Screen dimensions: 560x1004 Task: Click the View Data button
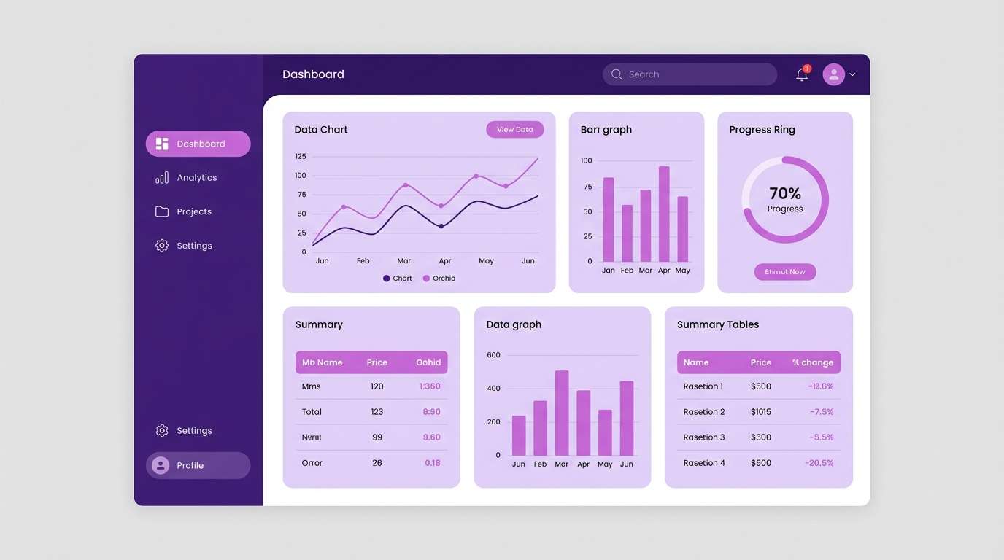pyautogui.click(x=514, y=129)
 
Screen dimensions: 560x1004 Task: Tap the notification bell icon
pyautogui.click(x=802, y=74)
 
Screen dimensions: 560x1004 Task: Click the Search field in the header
pyautogui.click(x=690, y=74)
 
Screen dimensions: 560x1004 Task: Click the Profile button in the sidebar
pyautogui.click(x=198, y=465)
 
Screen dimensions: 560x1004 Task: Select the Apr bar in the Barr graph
pyautogui.click(x=664, y=214)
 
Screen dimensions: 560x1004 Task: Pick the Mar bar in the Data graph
pyautogui.click(x=562, y=413)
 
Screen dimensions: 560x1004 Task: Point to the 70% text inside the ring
pyautogui.click(x=785, y=193)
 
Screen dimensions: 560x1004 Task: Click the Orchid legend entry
pyautogui.click(x=439, y=279)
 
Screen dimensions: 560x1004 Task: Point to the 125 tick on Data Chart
pyautogui.click(x=301, y=156)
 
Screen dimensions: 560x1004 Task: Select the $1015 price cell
pyautogui.click(x=760, y=412)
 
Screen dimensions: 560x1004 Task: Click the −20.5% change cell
pyautogui.click(x=819, y=463)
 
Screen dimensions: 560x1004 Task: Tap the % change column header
pyautogui.click(x=812, y=362)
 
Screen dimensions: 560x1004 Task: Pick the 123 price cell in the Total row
pyautogui.click(x=377, y=412)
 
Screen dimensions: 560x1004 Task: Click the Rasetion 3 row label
pyautogui.click(x=704, y=437)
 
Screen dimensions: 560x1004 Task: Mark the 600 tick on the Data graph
pyautogui.click(x=493, y=355)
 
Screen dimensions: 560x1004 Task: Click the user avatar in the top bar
pyautogui.click(x=833, y=74)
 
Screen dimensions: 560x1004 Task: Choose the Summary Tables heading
pyautogui.click(x=718, y=324)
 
